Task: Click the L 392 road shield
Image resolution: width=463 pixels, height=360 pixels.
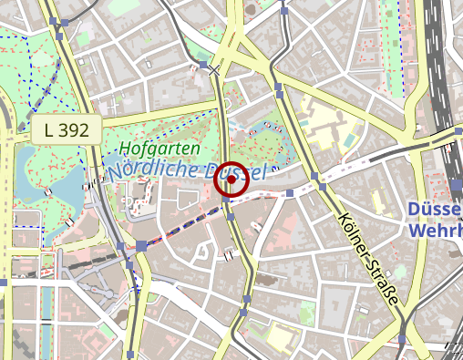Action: coord(67,130)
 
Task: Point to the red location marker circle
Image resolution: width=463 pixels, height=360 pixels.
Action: coord(232,180)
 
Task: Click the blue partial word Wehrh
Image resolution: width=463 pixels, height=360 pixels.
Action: coord(436,231)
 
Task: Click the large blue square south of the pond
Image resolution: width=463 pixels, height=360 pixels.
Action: coord(141,246)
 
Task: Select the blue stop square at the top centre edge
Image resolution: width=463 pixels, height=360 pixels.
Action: coord(284,11)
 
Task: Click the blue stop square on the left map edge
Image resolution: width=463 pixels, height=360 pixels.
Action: coord(4,283)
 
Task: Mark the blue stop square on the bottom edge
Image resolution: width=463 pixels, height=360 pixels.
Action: coord(132,353)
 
